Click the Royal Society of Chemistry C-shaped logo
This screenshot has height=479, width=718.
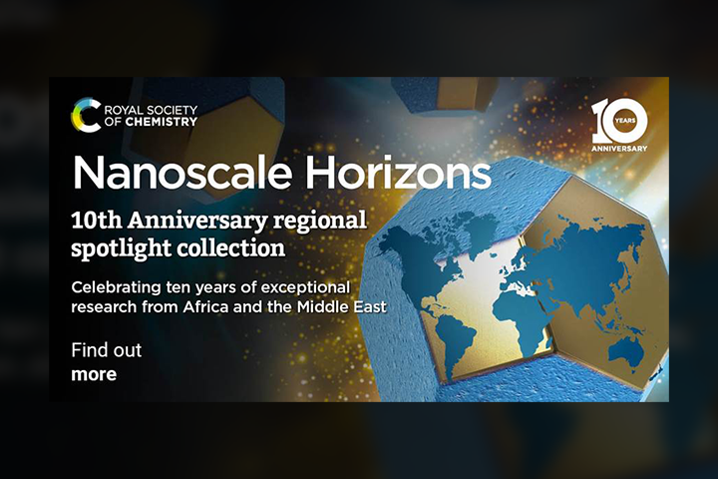(x=86, y=115)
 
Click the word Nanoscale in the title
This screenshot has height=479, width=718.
(x=181, y=174)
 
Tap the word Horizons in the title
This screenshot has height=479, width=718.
(x=398, y=174)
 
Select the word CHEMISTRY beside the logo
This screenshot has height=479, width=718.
(x=162, y=122)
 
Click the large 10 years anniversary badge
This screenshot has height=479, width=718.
(x=619, y=125)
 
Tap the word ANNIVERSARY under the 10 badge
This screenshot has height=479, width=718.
(x=619, y=149)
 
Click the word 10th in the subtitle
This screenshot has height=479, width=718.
(x=97, y=221)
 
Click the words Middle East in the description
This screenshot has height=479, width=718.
(x=342, y=306)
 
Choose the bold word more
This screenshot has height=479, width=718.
(x=94, y=374)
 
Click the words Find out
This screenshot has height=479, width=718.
(x=107, y=350)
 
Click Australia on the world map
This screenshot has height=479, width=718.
(x=627, y=352)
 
